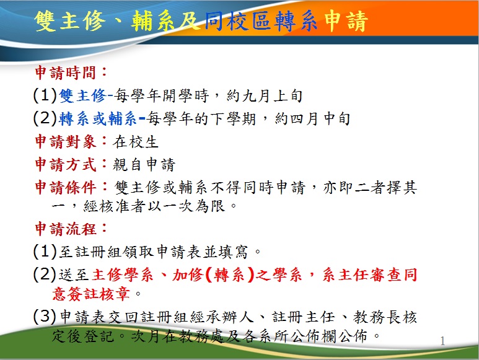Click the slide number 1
[442, 341]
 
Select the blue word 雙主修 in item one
[82, 96]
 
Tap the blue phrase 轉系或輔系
[98, 119]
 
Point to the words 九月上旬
[265, 96]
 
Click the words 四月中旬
[312, 119]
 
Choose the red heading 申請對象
[66, 142]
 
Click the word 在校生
[136, 142]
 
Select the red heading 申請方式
[66, 165]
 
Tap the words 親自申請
[144, 165]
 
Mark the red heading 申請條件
[66, 187]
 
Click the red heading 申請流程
[66, 229]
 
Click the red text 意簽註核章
[91, 294]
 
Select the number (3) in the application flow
[45, 316]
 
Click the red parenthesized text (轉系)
[230, 274]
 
